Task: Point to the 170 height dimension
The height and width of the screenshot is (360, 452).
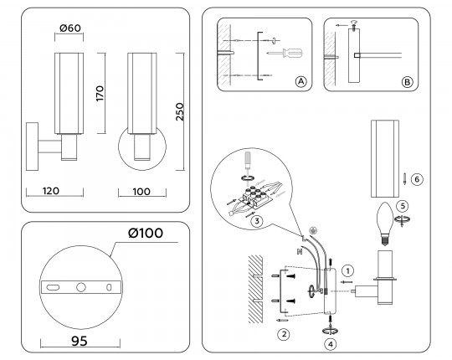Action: [100, 93]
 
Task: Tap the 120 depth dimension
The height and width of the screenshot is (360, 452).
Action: [51, 191]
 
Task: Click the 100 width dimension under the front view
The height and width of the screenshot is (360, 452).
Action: [141, 191]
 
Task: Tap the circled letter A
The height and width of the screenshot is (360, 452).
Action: [300, 81]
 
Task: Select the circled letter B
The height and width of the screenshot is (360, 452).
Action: [406, 81]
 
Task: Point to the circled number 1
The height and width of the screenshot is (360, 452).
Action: [349, 270]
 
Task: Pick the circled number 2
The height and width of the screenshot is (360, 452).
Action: [284, 334]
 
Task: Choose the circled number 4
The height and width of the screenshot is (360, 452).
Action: [331, 342]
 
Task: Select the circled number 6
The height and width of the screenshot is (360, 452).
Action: [418, 178]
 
